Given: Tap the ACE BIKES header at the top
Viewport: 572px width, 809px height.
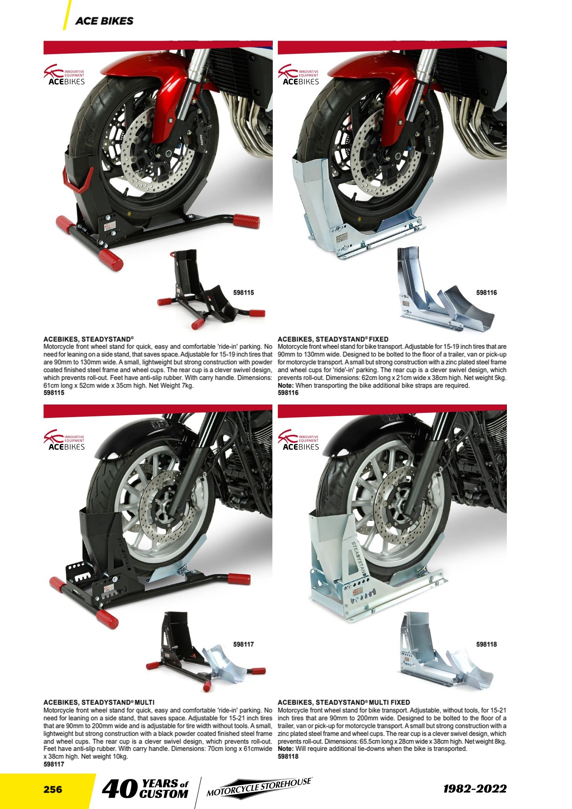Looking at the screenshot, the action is pos(104,21).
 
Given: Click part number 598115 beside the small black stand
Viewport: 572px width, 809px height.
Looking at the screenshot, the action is pos(244,293).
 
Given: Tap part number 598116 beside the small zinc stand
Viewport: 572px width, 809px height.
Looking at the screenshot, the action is pos(486,293).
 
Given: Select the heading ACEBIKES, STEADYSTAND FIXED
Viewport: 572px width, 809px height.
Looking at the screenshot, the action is pos(333,339).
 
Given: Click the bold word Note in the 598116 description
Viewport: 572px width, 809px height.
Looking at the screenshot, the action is pos(285,386).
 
